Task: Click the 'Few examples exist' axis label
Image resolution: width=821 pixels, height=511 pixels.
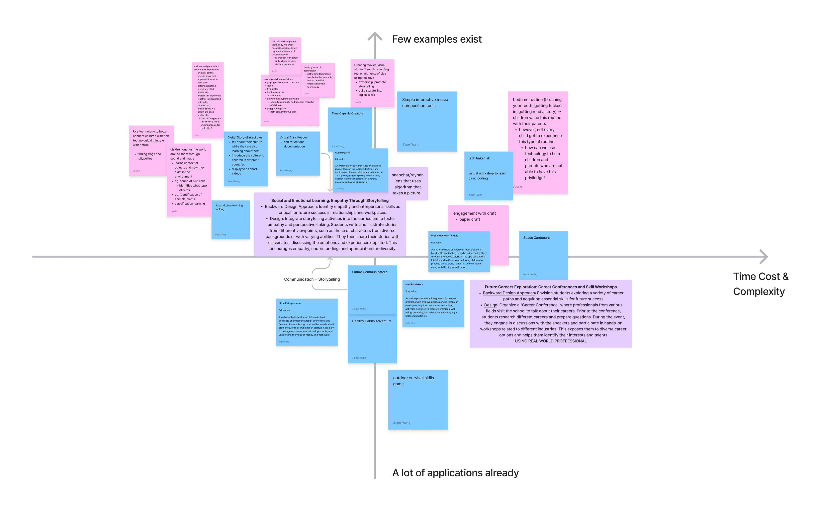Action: click(437, 39)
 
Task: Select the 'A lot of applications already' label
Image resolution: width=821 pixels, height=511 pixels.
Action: click(455, 473)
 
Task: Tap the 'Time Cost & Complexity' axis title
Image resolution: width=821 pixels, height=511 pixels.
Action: click(760, 284)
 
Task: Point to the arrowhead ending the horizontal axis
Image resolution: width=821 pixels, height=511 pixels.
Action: click(764, 257)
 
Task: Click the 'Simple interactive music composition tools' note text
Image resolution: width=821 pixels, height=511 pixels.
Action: click(425, 102)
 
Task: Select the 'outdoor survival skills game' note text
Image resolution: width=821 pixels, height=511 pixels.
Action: click(413, 381)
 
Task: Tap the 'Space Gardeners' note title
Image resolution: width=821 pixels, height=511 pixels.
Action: click(536, 238)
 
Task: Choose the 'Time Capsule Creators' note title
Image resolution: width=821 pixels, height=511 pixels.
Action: click(347, 114)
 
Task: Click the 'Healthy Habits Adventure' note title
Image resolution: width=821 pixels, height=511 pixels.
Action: click(372, 321)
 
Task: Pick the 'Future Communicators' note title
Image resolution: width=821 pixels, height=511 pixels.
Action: click(369, 272)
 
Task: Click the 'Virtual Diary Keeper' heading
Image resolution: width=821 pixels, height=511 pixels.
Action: click(293, 138)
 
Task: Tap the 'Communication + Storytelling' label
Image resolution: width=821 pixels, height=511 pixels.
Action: click(312, 279)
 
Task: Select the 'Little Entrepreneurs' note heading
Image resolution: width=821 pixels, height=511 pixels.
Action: click(290, 303)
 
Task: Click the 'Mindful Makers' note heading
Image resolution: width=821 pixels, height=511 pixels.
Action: click(414, 285)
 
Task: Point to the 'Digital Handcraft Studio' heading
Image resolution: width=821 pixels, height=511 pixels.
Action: click(444, 236)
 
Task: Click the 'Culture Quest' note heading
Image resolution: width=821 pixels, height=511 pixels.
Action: click(342, 153)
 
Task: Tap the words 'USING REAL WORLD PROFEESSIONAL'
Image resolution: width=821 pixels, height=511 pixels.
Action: click(550, 341)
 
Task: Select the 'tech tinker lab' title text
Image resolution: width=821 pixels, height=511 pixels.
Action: click(479, 158)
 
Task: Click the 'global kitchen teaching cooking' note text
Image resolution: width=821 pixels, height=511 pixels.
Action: click(228, 207)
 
